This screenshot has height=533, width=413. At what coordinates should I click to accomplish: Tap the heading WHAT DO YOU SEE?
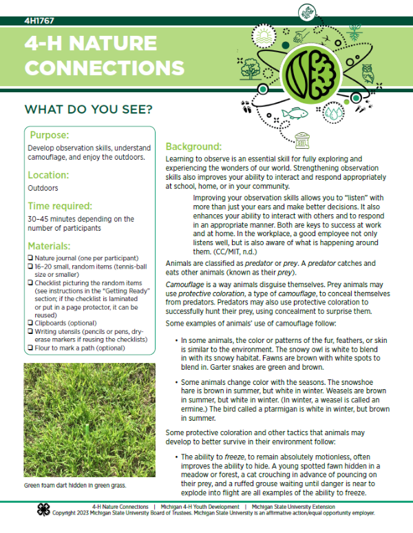pos(88,109)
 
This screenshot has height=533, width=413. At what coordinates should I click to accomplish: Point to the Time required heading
pos(70,206)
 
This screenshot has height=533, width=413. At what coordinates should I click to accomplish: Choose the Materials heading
pos(54,246)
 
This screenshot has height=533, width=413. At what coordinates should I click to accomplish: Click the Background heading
pos(193,147)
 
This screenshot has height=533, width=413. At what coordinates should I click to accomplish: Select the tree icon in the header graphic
pos(251,70)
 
